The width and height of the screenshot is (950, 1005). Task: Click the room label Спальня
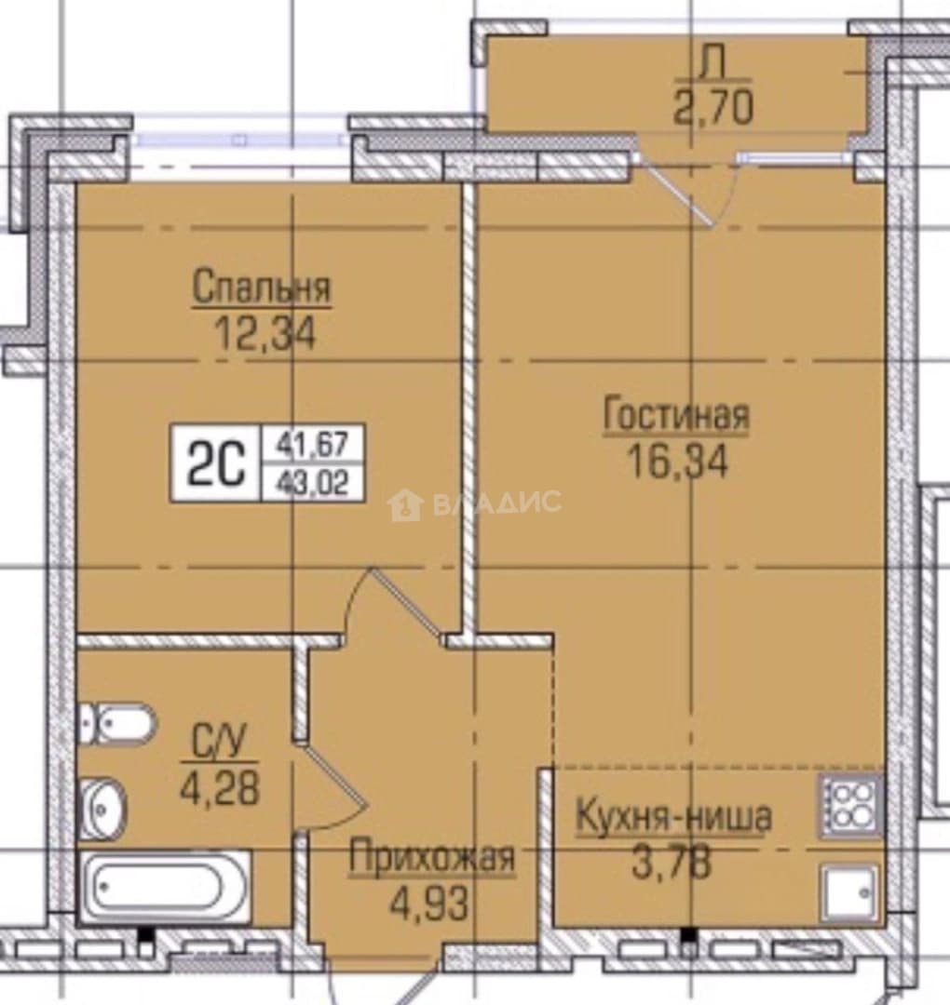(x=262, y=288)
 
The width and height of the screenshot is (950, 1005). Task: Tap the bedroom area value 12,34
(x=265, y=334)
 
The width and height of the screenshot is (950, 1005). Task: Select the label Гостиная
(x=676, y=415)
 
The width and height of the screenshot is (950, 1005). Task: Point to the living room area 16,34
(x=678, y=462)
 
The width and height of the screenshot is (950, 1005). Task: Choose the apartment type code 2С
(x=216, y=462)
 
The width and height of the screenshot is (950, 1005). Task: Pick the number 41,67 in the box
(x=313, y=444)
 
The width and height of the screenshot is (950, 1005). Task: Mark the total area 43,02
(x=313, y=483)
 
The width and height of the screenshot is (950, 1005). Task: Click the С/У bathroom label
(x=220, y=743)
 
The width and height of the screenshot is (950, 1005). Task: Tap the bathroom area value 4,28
(x=220, y=788)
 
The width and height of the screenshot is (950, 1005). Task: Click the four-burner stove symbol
(x=849, y=806)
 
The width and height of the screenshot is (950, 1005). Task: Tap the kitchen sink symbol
(x=849, y=892)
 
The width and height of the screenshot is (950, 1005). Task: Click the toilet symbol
(x=116, y=724)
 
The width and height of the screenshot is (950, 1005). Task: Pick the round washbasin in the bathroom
(x=102, y=809)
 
